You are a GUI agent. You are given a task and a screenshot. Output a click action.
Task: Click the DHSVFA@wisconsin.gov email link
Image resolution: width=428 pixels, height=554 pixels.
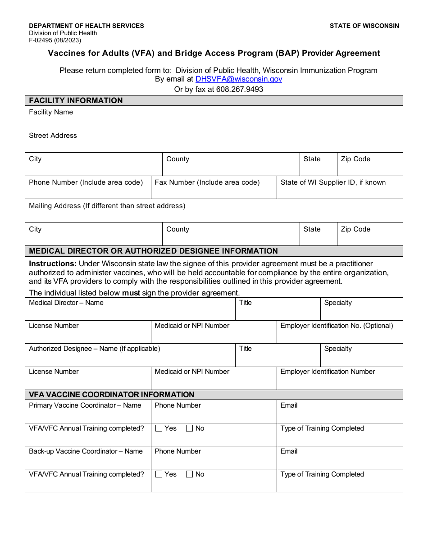[x=239, y=79]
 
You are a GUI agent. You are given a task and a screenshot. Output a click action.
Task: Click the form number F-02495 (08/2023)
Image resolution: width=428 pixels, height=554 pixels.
[x=55, y=40]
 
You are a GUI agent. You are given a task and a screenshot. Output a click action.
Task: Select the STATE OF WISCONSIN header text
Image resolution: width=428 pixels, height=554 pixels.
[x=364, y=26]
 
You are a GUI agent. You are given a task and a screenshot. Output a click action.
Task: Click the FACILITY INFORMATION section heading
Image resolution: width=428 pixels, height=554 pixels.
[x=76, y=100]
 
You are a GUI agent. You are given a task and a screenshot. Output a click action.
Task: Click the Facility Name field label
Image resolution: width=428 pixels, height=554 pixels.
[x=51, y=112]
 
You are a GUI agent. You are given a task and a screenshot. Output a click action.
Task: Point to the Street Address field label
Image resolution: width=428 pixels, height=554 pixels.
[x=53, y=136]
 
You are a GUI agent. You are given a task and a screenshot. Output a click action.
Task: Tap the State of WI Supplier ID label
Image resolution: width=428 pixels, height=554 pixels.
[x=333, y=182]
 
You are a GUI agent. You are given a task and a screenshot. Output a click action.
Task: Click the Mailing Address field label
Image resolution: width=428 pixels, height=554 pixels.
[x=107, y=206]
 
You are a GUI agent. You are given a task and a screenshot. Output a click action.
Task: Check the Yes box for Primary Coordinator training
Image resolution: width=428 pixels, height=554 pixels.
[x=159, y=428]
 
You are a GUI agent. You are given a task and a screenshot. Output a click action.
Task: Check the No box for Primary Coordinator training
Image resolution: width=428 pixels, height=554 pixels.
[x=189, y=428]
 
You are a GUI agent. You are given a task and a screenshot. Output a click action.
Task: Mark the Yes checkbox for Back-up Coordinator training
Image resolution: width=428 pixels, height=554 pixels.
[x=159, y=474]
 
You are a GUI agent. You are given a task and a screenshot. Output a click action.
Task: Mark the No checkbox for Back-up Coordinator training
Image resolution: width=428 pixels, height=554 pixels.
[x=189, y=474]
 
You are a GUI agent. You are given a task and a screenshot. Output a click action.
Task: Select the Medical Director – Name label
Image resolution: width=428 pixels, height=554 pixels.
[x=66, y=303]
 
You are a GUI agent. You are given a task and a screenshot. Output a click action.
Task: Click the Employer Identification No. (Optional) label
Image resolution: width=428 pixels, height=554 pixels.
[x=337, y=326]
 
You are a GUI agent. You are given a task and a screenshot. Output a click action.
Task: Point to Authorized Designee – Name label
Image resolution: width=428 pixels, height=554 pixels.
[x=94, y=349]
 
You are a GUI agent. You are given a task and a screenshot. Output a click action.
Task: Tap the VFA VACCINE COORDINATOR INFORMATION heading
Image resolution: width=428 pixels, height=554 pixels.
[x=111, y=395]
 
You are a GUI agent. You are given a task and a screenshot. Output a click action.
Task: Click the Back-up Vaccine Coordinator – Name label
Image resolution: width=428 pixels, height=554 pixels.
[x=86, y=451]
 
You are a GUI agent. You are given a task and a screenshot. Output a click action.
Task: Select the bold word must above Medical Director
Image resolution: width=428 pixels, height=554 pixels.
[x=131, y=293]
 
